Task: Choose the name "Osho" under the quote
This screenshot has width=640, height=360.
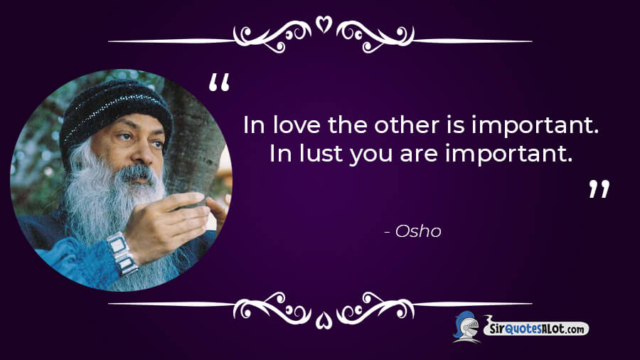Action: pos(418,231)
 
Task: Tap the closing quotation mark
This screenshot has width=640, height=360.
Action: pos(599,189)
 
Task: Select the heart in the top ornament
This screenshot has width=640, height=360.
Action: pos(324,24)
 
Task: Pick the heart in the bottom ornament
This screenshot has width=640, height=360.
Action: pos(324,320)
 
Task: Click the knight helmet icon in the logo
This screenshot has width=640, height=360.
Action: pos(466,327)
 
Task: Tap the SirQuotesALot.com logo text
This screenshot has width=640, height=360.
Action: pos(537,328)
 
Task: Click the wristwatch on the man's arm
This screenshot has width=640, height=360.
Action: pos(122,253)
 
